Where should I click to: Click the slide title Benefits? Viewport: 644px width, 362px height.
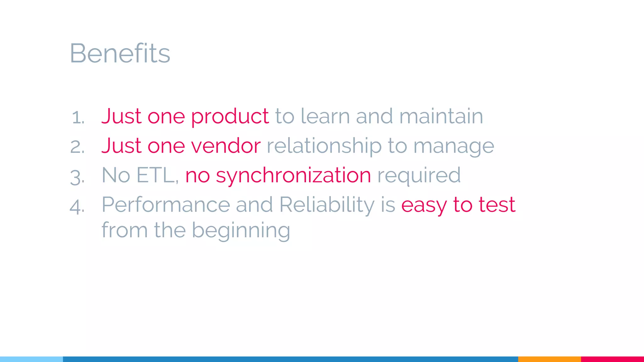[x=120, y=53]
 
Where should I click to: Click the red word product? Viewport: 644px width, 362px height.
[x=230, y=116]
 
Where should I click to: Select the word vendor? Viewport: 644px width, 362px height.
[x=226, y=146]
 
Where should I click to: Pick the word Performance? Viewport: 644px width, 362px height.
[x=166, y=205]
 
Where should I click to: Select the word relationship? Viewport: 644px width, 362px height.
[x=324, y=146]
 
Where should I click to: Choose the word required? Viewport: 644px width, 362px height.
[x=419, y=175]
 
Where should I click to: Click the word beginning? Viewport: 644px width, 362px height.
[x=241, y=231]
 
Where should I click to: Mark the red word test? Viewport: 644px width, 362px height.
[x=497, y=205]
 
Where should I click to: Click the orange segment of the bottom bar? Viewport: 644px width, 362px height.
[x=549, y=359]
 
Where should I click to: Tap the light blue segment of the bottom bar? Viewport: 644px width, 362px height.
[x=31, y=359]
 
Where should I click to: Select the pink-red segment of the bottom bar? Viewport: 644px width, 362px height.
[x=612, y=359]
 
